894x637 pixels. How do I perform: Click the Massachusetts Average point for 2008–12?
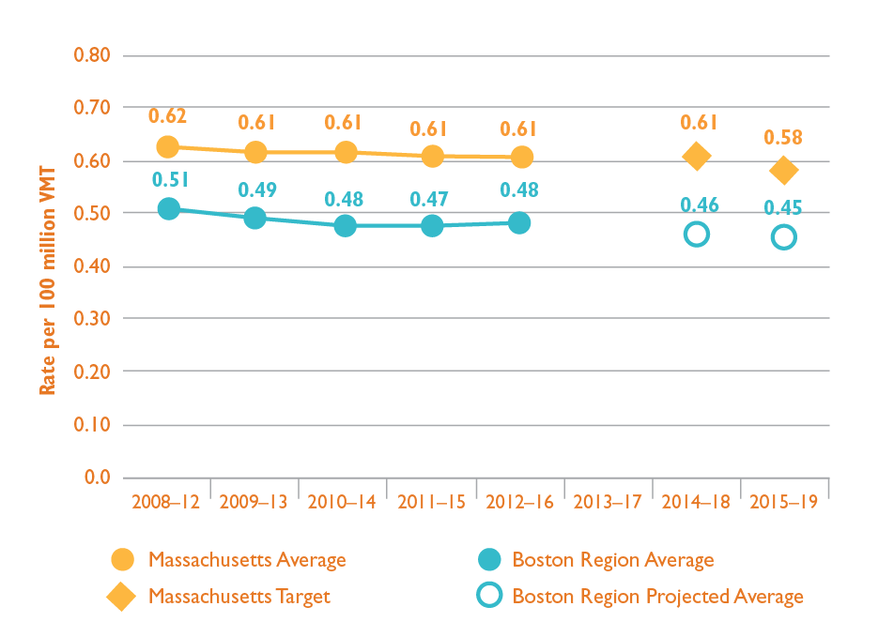(x=168, y=147)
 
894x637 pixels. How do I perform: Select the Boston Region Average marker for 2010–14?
(x=345, y=225)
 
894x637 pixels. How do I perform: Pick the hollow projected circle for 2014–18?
(x=696, y=235)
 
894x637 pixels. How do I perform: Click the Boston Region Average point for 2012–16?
(x=519, y=223)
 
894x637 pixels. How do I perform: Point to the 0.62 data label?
(x=168, y=116)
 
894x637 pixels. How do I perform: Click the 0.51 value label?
(x=168, y=179)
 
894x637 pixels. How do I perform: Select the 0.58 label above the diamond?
(x=783, y=138)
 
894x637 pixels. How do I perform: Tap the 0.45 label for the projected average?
(x=783, y=207)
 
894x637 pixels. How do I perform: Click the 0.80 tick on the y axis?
(x=92, y=55)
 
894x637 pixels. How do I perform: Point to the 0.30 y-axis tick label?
(x=92, y=319)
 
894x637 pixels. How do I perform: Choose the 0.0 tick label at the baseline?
(x=97, y=478)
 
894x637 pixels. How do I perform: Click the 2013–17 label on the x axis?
(x=608, y=502)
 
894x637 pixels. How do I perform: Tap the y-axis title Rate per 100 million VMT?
(x=48, y=281)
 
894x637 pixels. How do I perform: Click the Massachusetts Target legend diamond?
(x=122, y=597)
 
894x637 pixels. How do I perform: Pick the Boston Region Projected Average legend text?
(x=657, y=597)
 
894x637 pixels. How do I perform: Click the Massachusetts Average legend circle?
(x=122, y=560)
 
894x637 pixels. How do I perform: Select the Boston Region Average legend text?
(x=612, y=560)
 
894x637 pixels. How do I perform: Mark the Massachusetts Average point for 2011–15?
(x=432, y=156)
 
